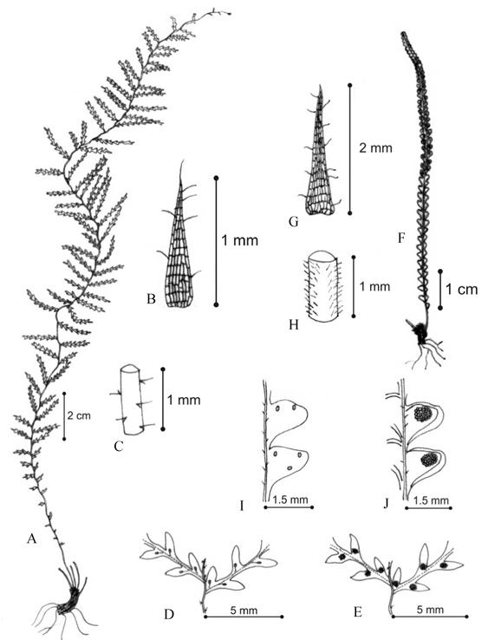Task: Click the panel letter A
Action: (x=32, y=539)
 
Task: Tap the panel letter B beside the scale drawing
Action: (x=151, y=299)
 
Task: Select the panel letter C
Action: (x=119, y=447)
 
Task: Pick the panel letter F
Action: (x=401, y=238)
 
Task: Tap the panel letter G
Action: (x=293, y=222)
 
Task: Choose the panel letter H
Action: (x=293, y=324)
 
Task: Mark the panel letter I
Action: (x=242, y=506)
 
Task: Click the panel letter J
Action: (x=386, y=506)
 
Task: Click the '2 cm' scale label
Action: (x=79, y=416)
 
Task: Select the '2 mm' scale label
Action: (x=375, y=147)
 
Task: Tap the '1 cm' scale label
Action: (x=461, y=290)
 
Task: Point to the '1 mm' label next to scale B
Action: (x=240, y=240)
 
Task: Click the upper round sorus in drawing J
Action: (x=422, y=415)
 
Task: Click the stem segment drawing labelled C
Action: (x=132, y=401)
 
